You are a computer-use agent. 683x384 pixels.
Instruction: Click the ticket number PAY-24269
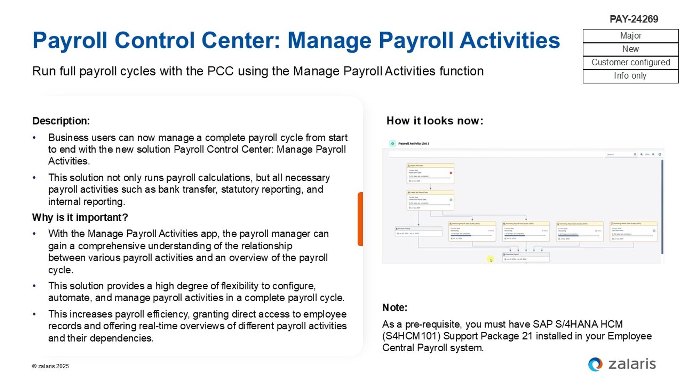pos(634,19)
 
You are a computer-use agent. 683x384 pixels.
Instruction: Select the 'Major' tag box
pos(630,36)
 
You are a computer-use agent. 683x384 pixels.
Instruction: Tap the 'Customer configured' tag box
pos(630,63)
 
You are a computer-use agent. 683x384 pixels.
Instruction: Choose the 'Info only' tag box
pos(630,76)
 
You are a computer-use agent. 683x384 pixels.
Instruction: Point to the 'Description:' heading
pos(61,121)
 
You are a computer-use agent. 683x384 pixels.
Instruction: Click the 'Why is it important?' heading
pos(80,217)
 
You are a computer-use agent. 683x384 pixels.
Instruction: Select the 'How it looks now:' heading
pos(435,121)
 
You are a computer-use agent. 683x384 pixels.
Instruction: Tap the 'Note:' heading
pos(395,308)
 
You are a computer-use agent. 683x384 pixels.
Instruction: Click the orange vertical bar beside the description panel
pos(360,219)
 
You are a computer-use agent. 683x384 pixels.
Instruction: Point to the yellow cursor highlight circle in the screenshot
pos(491,260)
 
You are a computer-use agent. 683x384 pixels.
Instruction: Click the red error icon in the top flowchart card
pos(451,173)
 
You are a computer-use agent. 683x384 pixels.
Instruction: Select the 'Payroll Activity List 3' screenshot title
pos(413,144)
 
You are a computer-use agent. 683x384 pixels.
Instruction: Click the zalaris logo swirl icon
pos(595,364)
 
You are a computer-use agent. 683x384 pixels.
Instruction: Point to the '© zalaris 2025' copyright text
pos(51,366)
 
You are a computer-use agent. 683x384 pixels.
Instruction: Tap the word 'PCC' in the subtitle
pos(220,71)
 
